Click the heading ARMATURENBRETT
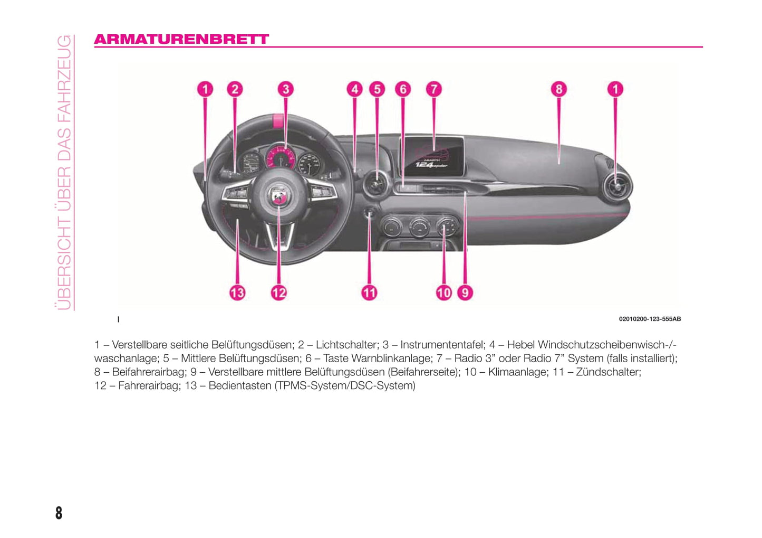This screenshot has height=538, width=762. (181, 39)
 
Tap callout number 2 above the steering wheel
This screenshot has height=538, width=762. (235, 89)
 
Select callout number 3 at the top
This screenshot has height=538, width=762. (285, 89)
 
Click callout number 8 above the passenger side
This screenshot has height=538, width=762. (558, 89)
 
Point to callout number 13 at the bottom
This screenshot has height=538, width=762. (237, 292)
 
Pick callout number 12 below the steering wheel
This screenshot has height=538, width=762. (278, 292)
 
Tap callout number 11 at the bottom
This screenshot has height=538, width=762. (369, 292)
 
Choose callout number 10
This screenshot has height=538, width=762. (443, 292)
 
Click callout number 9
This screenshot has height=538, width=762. (465, 292)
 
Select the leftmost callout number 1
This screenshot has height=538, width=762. (205, 89)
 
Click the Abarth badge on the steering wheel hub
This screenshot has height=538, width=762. (278, 196)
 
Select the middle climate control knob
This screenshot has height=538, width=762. (420, 227)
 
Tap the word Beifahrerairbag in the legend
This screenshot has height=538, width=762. (149, 372)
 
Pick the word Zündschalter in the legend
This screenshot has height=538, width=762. (608, 372)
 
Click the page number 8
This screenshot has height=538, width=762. (59, 513)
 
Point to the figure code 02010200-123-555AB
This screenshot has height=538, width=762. (650, 319)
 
